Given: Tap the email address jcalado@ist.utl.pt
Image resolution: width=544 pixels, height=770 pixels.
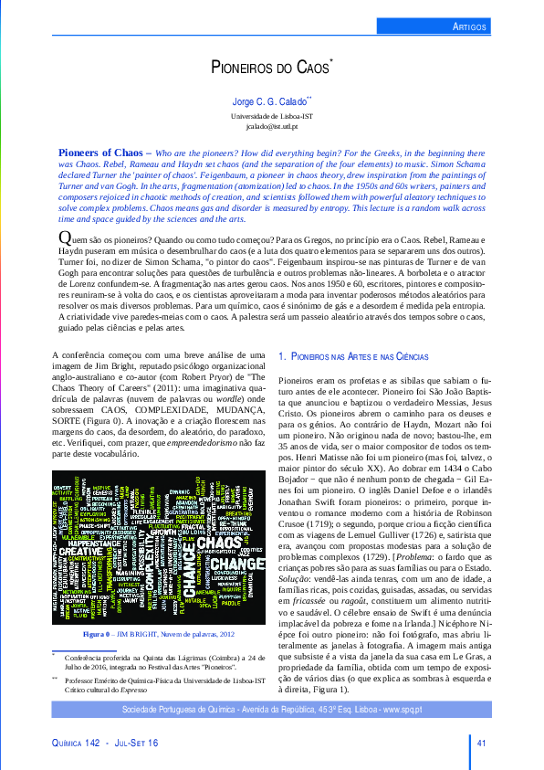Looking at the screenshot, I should (x=272, y=127).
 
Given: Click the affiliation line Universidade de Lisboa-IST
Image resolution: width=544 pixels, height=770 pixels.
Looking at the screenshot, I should (x=272, y=116).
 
